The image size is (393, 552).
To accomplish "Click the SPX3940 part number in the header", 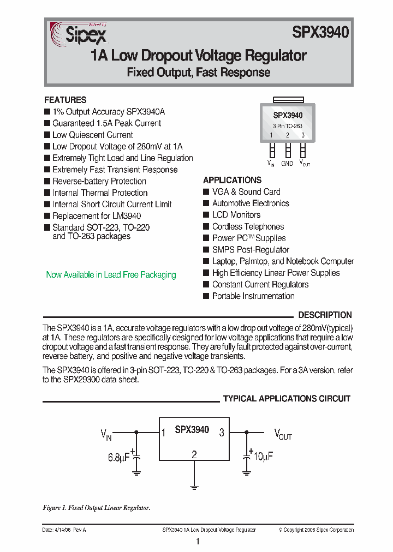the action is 320,33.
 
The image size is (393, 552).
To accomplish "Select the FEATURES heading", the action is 65,100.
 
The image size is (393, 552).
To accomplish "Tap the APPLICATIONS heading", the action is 232,180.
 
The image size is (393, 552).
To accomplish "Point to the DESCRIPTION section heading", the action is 325,315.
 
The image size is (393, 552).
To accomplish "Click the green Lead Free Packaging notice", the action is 111,275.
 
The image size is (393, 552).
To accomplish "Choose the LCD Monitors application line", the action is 236,215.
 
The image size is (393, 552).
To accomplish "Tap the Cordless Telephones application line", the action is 248,226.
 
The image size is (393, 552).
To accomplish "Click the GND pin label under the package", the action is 287,163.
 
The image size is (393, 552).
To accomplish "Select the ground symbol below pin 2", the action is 194,485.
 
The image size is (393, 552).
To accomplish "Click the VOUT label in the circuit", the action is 283,435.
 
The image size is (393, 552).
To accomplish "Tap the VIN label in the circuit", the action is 106,435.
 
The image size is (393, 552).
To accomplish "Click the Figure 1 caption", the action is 96,508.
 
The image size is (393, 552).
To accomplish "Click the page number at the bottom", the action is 198,542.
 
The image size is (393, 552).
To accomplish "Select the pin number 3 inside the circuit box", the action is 222,433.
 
